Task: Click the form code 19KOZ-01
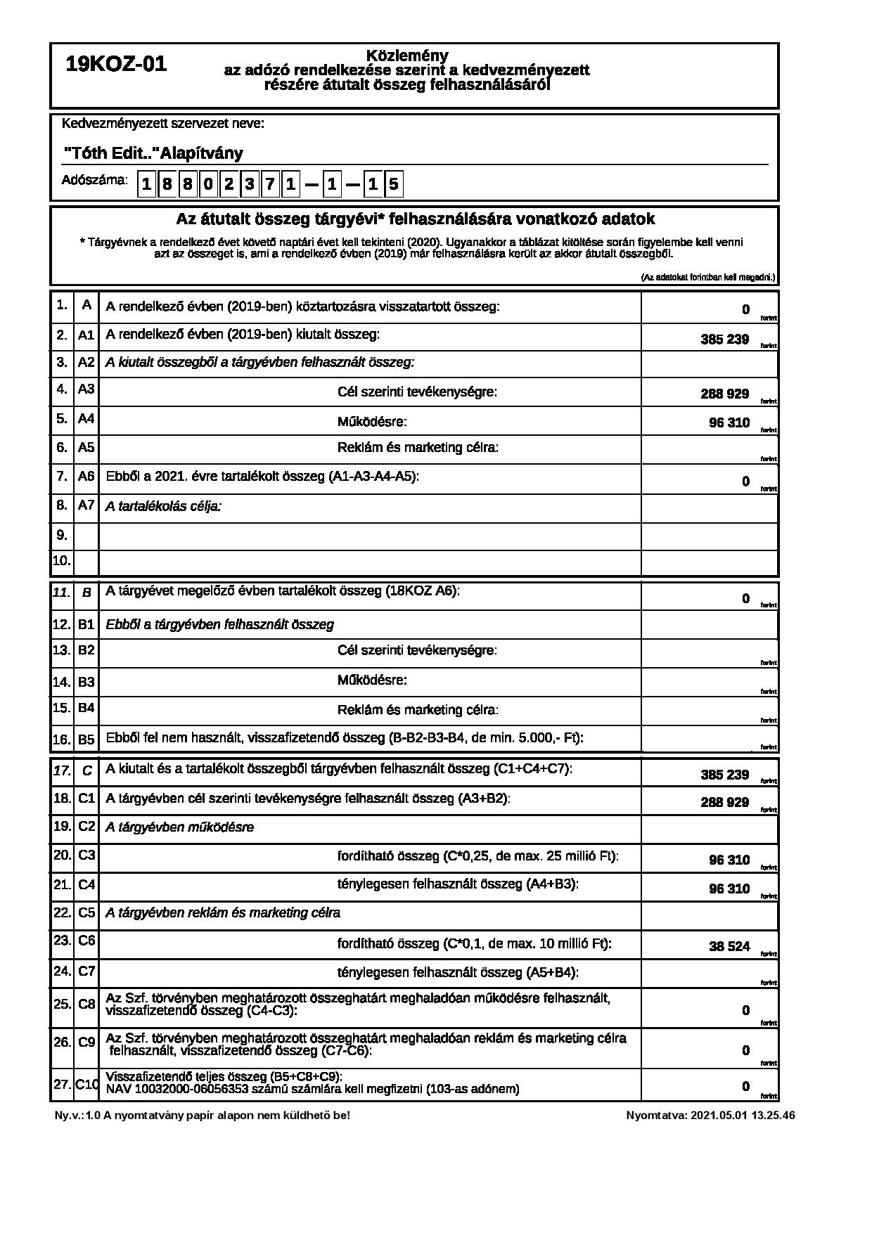point(116,65)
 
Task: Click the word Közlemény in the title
point(407,56)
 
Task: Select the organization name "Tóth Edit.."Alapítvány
point(153,153)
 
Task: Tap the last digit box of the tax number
point(394,185)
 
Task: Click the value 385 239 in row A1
point(724,340)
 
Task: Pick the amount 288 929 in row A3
point(724,394)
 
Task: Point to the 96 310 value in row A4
point(729,423)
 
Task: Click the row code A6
point(86,477)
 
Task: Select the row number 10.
point(61,561)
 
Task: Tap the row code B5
point(86,740)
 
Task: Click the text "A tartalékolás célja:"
point(163,506)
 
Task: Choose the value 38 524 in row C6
point(729,946)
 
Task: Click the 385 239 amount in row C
point(724,775)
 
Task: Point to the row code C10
point(86,1085)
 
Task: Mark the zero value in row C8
point(746,1011)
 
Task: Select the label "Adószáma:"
point(95,180)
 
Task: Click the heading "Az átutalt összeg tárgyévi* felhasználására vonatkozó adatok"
point(415,219)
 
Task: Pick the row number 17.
point(61,770)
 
